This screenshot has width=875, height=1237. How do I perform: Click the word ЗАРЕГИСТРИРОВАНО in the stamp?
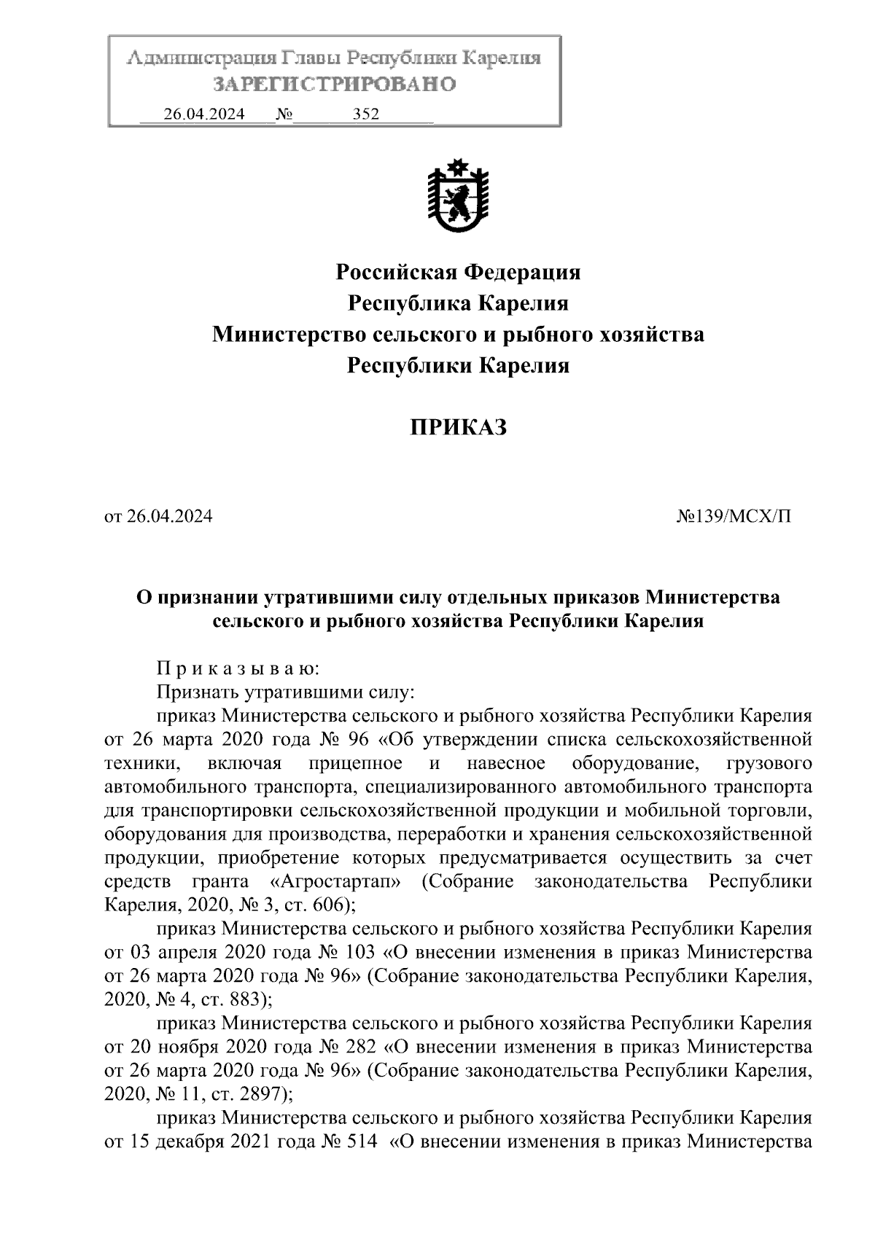tap(335, 85)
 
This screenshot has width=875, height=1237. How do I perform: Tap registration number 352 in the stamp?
tap(365, 114)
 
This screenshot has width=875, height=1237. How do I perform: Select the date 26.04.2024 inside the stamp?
tap(204, 114)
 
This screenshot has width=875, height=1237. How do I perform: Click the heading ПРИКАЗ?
tap(457, 428)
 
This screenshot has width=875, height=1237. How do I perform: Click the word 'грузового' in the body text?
tap(770, 763)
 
